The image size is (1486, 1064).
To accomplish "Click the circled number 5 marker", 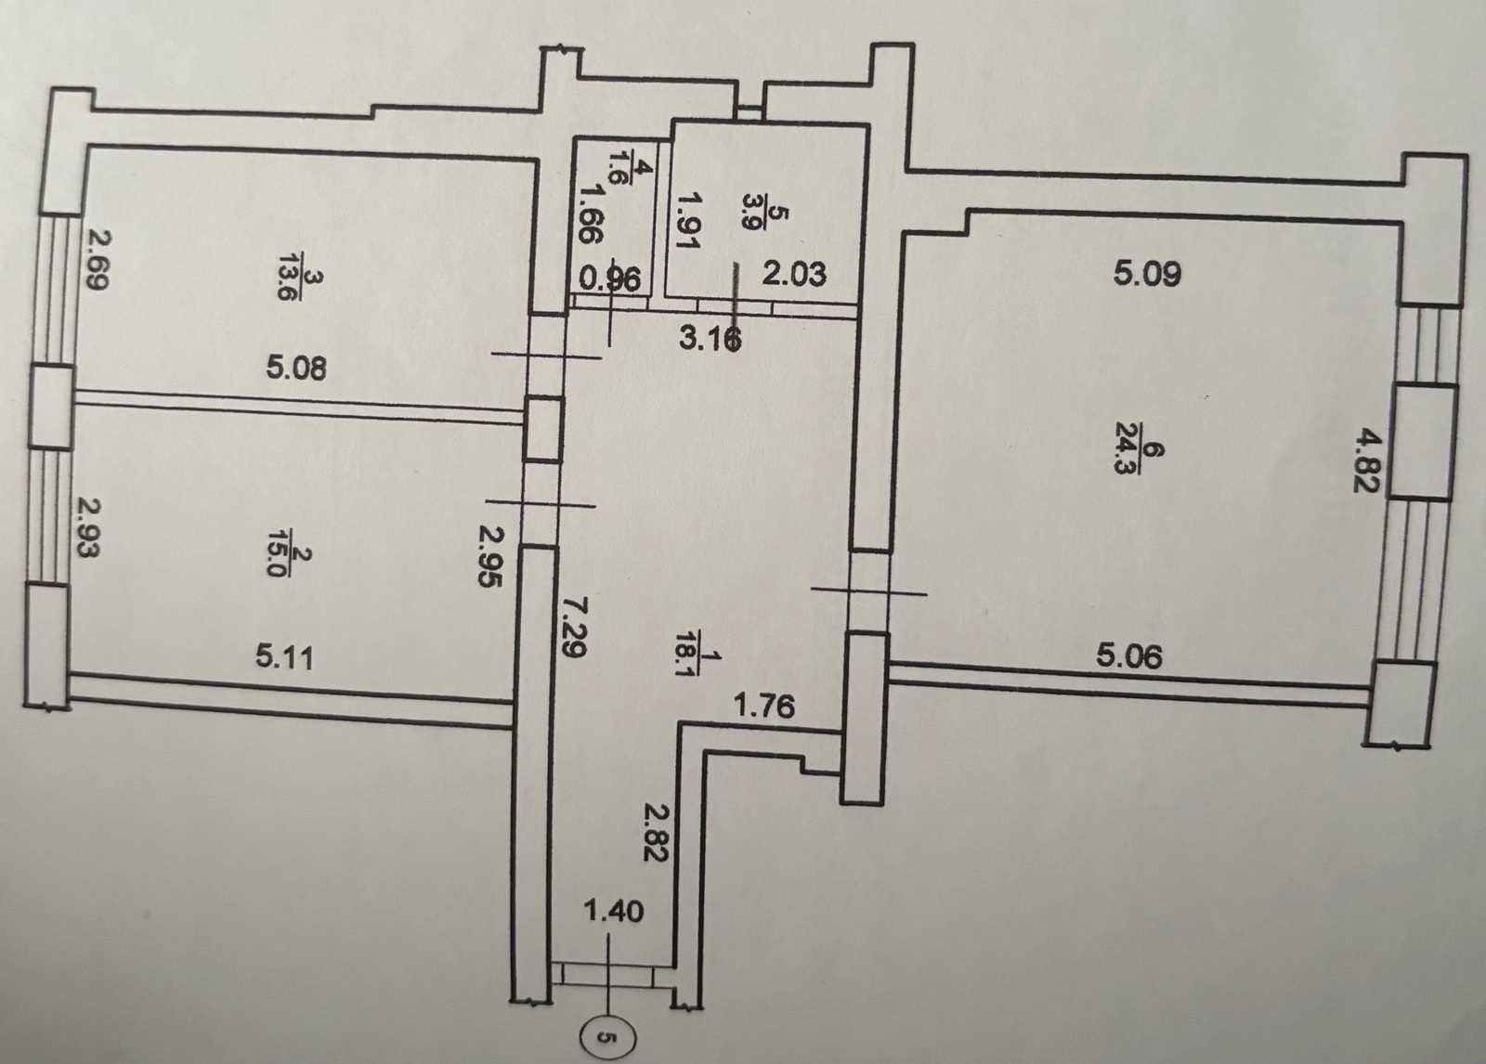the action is tap(609, 1037).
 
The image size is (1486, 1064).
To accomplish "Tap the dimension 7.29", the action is tap(572, 626).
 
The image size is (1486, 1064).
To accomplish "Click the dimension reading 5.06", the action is tap(1129, 656).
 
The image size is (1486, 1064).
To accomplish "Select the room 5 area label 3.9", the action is tap(756, 210).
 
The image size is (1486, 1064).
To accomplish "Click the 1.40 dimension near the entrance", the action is tap(613, 912).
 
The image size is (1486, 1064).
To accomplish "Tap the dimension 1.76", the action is tap(764, 706).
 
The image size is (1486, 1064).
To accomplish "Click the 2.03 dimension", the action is tap(794, 274).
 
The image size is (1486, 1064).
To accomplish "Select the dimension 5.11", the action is tap(284, 658).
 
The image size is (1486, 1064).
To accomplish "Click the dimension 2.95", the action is tap(491, 556).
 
